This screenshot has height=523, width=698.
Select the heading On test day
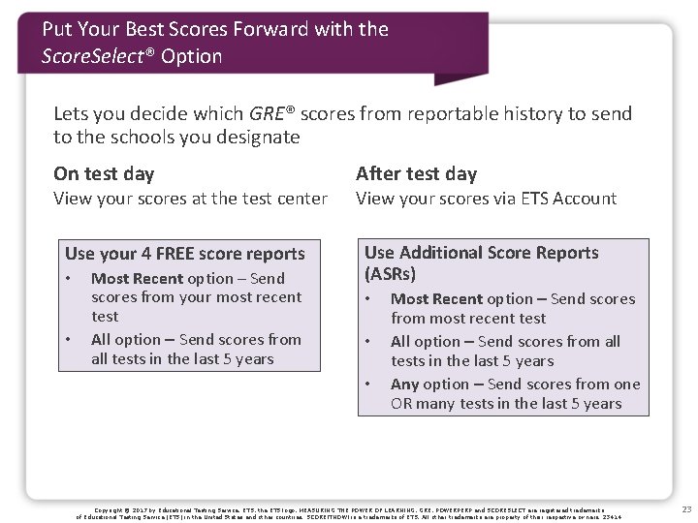pyautogui.click(x=104, y=174)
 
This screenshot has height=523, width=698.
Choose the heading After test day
pyautogui.click(x=417, y=174)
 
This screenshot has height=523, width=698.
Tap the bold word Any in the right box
pyautogui.click(x=405, y=384)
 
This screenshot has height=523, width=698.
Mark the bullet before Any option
pyautogui.click(x=368, y=384)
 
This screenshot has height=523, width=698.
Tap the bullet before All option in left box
pyautogui.click(x=69, y=339)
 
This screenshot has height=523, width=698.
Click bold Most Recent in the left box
pyautogui.click(x=138, y=278)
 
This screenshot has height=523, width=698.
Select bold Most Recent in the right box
pyautogui.click(x=437, y=299)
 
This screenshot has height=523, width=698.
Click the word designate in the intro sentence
pyautogui.click(x=255, y=137)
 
